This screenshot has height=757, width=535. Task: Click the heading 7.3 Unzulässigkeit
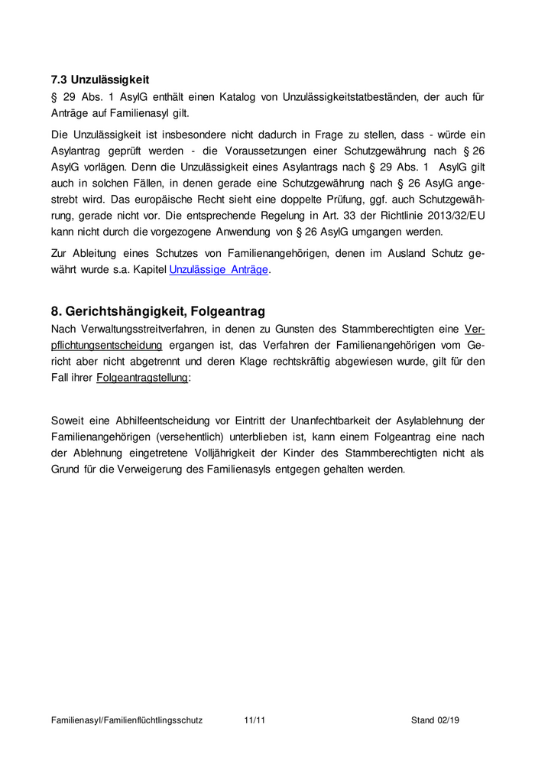click(99, 79)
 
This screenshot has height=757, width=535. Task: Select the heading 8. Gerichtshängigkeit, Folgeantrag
click(157, 311)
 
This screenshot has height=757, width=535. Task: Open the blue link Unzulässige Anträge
click(219, 270)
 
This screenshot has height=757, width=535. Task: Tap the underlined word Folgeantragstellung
click(142, 378)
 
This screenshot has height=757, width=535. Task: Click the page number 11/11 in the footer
click(255, 720)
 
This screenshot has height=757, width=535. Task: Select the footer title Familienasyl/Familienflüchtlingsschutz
click(127, 720)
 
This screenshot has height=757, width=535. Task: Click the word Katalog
click(222, 97)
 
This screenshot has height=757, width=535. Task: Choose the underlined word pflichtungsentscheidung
click(106, 345)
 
